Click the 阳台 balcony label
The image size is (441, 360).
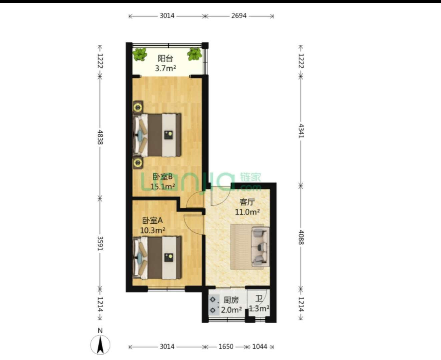click(x=165, y=59)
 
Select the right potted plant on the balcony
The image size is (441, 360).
click(x=194, y=54)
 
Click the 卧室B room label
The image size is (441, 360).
click(x=163, y=177)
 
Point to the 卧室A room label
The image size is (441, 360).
click(x=152, y=220)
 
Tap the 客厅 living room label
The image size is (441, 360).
click(x=247, y=202)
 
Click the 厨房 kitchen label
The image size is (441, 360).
click(x=231, y=300)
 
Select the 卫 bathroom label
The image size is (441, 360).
click(x=259, y=298)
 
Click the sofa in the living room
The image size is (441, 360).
click(x=260, y=247)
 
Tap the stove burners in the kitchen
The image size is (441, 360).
click(x=214, y=305)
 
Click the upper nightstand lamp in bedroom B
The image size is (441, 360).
click(x=138, y=107)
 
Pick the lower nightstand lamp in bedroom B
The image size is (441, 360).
click(x=138, y=162)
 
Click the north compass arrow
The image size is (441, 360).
click(x=100, y=345)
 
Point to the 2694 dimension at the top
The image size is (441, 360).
click(x=239, y=16)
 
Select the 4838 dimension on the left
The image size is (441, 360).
click(x=100, y=137)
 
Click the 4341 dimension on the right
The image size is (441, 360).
click(x=301, y=131)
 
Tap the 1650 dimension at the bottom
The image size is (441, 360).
click(x=226, y=347)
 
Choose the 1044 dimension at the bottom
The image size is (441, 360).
click(x=260, y=347)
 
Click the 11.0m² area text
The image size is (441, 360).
click(x=248, y=212)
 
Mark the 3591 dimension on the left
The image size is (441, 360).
click(x=100, y=243)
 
